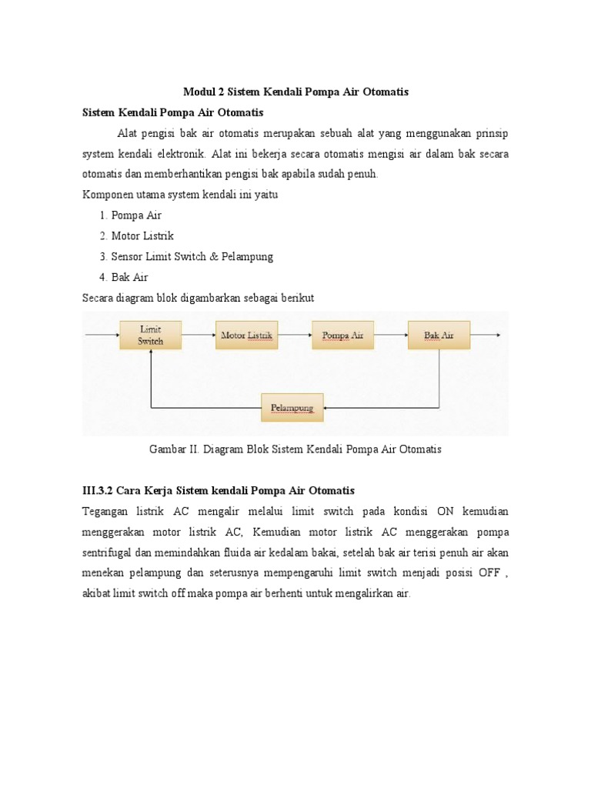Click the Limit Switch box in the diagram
(x=151, y=335)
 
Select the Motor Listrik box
(x=246, y=336)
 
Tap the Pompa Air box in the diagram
(x=342, y=336)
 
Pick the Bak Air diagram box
(x=439, y=336)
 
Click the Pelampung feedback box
(x=292, y=407)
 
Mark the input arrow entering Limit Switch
(x=102, y=336)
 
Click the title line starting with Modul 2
(x=295, y=92)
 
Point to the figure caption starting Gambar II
(x=295, y=449)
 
